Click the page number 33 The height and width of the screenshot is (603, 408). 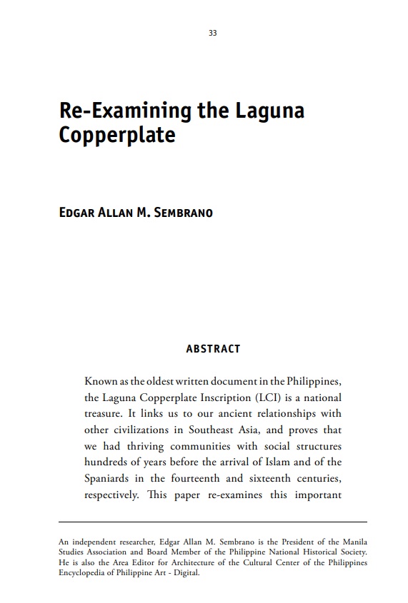pyautogui.click(x=213, y=34)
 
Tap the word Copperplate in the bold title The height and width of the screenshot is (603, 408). pyautogui.click(x=117, y=135)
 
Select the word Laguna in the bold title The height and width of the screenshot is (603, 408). pyautogui.click(x=269, y=111)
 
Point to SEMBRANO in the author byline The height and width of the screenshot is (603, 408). pyautogui.click(x=184, y=213)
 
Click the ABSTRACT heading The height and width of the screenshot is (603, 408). pyautogui.click(x=213, y=349)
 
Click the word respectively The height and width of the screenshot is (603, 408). pyautogui.click(x=110, y=495)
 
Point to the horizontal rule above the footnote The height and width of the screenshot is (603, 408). pyautogui.click(x=213, y=522)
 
